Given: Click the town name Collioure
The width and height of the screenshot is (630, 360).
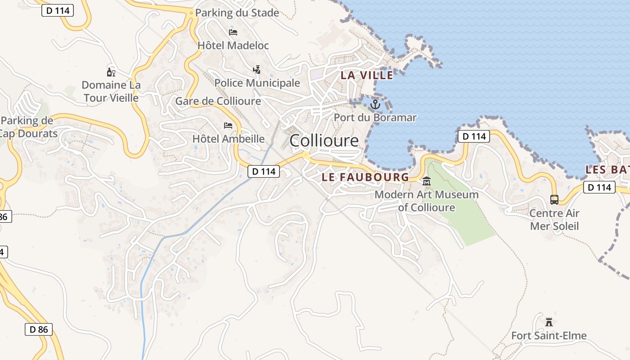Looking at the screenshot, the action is click(x=324, y=141).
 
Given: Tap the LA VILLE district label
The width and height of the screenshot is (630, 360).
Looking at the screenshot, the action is click(x=367, y=75).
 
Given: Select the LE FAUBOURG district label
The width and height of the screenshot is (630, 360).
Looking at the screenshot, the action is click(x=365, y=177).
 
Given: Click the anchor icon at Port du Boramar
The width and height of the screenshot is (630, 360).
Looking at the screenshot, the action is click(x=375, y=105).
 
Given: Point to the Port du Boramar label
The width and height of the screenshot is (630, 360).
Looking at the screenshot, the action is click(x=375, y=117).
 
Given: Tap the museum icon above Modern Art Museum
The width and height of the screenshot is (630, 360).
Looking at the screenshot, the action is click(x=426, y=182).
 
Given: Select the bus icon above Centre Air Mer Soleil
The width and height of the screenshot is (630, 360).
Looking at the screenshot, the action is click(x=554, y=200).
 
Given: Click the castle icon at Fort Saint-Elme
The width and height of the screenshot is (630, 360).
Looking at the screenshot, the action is click(x=549, y=322).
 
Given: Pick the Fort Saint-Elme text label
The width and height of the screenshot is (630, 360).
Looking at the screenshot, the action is click(x=549, y=336).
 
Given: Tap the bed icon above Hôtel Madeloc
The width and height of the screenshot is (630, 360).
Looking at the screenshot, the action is click(x=233, y=32).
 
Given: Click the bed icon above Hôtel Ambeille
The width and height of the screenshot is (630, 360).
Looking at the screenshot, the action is click(x=228, y=126).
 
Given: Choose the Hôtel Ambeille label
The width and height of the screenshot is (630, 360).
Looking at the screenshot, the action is click(x=228, y=139).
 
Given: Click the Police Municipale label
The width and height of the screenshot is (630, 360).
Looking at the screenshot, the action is click(x=257, y=83).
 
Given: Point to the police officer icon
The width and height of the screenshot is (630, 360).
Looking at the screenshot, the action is click(x=256, y=70).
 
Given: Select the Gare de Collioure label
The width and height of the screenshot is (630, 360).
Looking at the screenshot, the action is click(x=218, y=101).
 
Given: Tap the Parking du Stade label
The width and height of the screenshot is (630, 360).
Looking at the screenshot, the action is click(x=237, y=13).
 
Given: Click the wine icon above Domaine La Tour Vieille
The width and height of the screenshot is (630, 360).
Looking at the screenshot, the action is click(x=111, y=72).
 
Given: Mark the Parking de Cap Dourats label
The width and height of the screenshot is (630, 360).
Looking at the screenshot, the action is click(x=28, y=127).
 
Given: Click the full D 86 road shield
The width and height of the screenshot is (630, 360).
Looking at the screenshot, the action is click(x=39, y=329).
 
